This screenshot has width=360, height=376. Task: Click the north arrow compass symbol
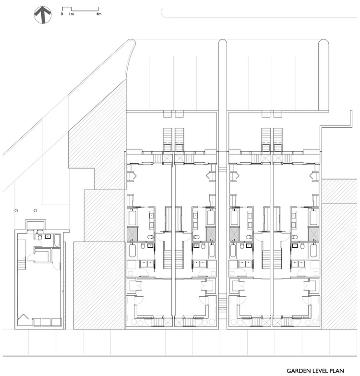(43, 15)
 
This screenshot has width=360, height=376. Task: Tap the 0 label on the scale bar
(62, 14)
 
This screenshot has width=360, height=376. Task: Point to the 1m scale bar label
(71, 14)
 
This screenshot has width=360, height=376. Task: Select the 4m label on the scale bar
(99, 14)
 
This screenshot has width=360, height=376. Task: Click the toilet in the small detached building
(40, 237)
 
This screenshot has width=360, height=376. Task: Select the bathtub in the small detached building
(56, 240)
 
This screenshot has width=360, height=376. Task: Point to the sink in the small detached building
(48, 236)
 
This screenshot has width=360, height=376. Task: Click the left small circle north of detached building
(16, 210)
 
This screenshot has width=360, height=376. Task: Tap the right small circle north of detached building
(35, 210)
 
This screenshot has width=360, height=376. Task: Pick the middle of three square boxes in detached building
(46, 322)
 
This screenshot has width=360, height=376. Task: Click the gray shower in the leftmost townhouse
(132, 234)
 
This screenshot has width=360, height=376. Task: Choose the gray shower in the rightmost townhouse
(314, 234)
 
